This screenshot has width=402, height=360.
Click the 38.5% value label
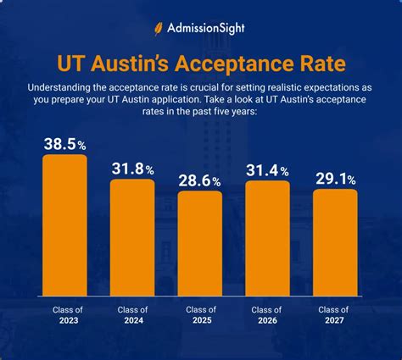pos(64,142)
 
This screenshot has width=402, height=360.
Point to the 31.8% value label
pos(132,168)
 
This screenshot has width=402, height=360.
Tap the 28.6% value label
pos(200,180)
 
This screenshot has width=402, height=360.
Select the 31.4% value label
pos(267,169)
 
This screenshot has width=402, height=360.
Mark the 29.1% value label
pos(335,178)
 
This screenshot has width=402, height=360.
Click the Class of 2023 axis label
pos(64,316)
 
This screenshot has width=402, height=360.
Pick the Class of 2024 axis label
pos(132,316)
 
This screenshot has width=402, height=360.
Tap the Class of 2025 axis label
pos(200,316)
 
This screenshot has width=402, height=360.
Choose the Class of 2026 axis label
pos(267,316)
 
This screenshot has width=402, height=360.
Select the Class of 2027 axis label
pos(335,316)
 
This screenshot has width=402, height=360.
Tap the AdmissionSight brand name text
pos(209,26)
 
